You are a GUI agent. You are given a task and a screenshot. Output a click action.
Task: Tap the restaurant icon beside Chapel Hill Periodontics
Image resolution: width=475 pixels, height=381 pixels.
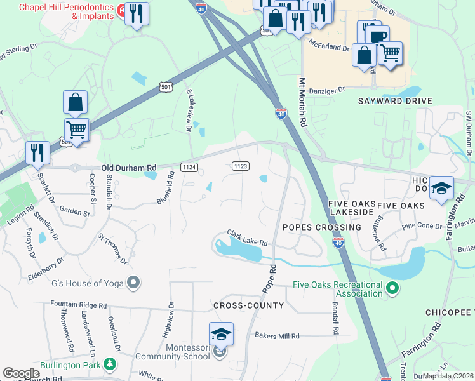[x=137, y=14]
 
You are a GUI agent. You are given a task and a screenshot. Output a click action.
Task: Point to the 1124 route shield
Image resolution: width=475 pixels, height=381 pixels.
[x=189, y=167]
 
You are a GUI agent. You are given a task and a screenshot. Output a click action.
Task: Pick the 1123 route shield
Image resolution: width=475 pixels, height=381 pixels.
[x=239, y=166]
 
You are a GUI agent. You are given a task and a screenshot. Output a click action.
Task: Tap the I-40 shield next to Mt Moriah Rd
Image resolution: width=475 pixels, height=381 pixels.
[x=281, y=113]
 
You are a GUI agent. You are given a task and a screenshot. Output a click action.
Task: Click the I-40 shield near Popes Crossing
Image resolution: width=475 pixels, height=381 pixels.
[x=337, y=243]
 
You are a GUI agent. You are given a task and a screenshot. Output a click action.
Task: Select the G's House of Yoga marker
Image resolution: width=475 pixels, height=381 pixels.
[x=133, y=281]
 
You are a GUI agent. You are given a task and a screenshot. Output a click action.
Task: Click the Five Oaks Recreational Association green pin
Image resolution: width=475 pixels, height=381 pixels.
[x=392, y=290]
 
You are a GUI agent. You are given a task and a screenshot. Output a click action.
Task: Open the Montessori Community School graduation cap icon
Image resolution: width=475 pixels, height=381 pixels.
[x=221, y=334]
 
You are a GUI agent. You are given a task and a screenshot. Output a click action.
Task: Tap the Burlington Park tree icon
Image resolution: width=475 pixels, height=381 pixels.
[x=110, y=364]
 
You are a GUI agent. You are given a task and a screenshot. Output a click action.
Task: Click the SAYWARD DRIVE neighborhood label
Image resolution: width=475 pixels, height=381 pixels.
[x=394, y=101]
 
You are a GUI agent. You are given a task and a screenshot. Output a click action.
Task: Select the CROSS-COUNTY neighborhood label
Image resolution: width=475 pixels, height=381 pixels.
[x=248, y=305]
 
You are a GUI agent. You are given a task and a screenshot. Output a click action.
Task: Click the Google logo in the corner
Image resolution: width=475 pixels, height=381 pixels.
[x=21, y=373]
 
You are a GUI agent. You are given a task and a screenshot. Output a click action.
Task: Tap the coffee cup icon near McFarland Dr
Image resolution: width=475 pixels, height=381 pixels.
[x=377, y=36]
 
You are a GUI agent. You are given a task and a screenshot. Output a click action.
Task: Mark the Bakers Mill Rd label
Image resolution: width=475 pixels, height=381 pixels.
[x=276, y=335]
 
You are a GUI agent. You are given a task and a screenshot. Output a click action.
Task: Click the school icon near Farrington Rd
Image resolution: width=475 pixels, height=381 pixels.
[x=441, y=189]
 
